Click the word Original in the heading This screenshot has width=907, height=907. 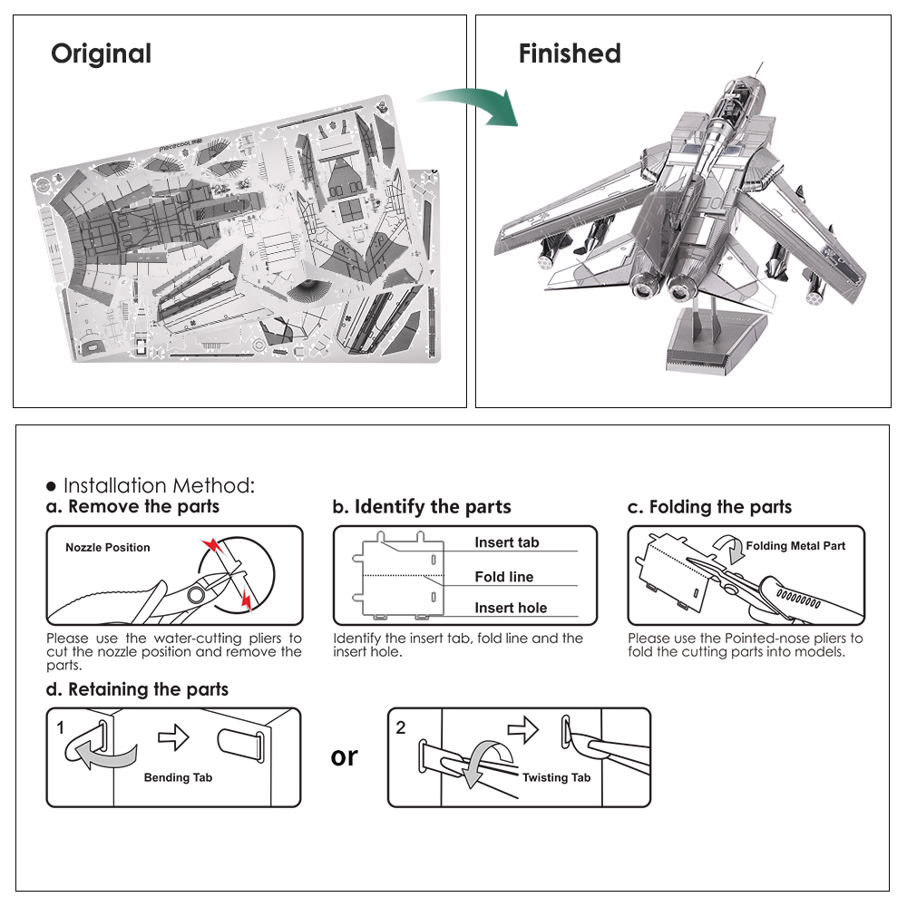[x=101, y=54]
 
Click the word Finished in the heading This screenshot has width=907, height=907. [x=570, y=54]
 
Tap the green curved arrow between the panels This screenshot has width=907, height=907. [x=472, y=105]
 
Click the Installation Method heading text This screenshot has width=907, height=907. [x=159, y=485]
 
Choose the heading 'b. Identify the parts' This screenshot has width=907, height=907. [x=422, y=507]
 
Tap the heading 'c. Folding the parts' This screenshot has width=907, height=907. [x=709, y=507]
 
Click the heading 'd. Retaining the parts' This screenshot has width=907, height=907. [x=137, y=690]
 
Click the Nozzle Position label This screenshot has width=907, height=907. [x=107, y=548]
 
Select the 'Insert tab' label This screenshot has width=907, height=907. [x=506, y=542]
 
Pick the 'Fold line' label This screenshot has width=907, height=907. [x=503, y=577]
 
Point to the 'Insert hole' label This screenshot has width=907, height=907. [x=511, y=609]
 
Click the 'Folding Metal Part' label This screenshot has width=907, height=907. [x=795, y=546]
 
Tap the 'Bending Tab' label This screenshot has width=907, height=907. [x=178, y=777]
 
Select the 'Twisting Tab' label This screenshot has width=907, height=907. [x=556, y=777]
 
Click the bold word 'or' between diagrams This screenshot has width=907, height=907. [x=345, y=756]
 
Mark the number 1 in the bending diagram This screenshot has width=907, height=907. [x=61, y=727]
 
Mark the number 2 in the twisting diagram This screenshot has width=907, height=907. [x=402, y=727]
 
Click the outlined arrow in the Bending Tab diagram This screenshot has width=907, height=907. [x=173, y=736]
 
